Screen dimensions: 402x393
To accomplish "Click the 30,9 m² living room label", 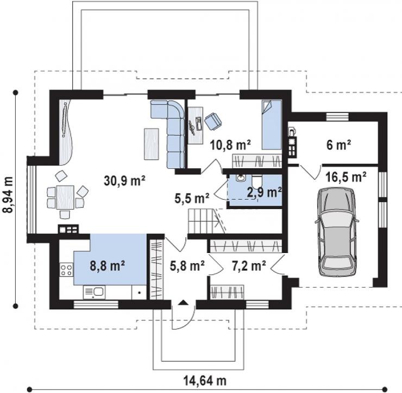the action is pos(124,180).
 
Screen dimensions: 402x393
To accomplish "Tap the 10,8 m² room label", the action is pos(230,145).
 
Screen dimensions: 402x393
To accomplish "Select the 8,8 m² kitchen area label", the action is pos(108,265).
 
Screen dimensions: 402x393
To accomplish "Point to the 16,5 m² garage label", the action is pos(346,177).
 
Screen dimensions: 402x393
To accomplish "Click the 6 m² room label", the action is pos(338,145).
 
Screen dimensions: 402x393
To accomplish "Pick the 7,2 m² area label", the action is pos(249,265).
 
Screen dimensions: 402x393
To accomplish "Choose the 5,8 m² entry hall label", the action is pos(187,265).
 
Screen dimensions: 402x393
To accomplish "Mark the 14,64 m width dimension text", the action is pos(205,381).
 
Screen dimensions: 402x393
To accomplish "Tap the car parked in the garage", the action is pos(337,232).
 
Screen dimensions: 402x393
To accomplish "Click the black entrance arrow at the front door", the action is pos(183,302).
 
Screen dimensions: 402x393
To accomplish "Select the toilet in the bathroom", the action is pos(257,182).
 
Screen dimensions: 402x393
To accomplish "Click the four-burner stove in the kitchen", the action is pos(66,270).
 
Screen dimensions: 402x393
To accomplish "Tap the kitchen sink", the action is pos(94,293).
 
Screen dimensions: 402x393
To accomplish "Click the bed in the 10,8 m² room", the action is pos(272,125).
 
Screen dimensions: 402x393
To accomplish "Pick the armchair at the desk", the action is pos(213,121).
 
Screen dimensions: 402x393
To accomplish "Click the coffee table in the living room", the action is pos(151,144).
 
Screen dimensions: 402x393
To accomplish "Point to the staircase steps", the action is pos(202,221).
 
